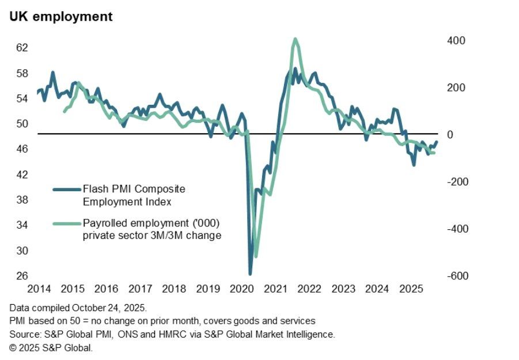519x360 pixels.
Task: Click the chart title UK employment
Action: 60,17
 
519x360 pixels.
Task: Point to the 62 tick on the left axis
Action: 22,48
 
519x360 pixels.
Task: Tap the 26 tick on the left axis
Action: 22,276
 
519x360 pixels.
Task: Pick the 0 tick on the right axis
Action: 450,135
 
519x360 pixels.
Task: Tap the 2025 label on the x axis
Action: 412,288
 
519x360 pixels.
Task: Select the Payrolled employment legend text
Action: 151,223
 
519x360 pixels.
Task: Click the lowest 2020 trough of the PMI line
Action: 250,274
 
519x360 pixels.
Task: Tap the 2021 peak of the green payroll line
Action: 295,39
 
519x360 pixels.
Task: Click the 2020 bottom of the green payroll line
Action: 256,256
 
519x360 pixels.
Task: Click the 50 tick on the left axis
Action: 22,124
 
